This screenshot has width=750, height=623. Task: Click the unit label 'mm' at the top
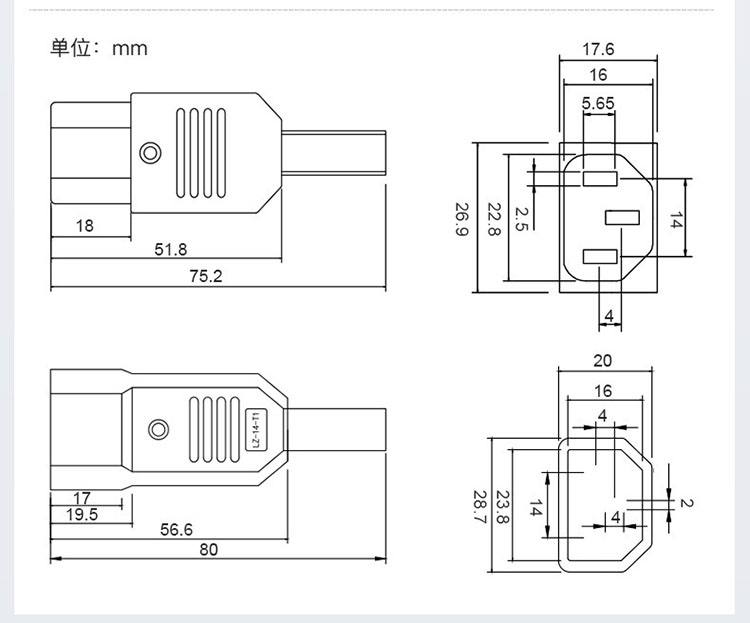(130, 49)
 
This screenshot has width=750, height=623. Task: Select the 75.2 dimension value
(206, 276)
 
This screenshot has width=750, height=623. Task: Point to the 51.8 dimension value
(171, 249)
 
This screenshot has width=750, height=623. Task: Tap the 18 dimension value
(85, 225)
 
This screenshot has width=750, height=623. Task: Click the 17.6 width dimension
(598, 49)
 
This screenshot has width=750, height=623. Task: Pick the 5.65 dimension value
(598, 103)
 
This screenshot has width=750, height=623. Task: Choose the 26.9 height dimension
(462, 219)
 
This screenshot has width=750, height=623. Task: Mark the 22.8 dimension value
(494, 219)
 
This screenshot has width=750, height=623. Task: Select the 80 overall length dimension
(209, 549)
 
